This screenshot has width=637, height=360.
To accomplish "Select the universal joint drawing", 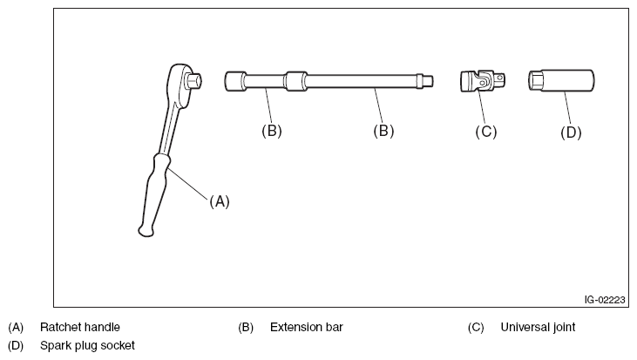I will [482, 82].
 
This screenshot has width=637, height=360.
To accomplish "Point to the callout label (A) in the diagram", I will [219, 200].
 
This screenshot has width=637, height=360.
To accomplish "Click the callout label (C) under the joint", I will [485, 132].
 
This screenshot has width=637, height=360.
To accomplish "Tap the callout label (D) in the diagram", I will [570, 132].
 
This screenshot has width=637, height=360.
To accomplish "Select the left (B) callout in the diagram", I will [272, 131].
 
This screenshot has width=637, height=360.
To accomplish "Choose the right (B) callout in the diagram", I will [383, 131].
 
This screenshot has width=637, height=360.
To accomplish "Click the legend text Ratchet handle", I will [80, 328].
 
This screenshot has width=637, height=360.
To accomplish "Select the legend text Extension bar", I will [307, 328].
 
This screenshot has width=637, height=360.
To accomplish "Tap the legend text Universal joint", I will [538, 328].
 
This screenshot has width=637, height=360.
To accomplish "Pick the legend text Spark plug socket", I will [87, 345].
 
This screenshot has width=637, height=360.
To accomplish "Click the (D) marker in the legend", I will [16, 345].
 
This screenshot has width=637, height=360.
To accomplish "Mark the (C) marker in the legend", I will [476, 328].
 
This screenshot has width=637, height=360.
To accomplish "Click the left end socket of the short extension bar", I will [233, 81].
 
